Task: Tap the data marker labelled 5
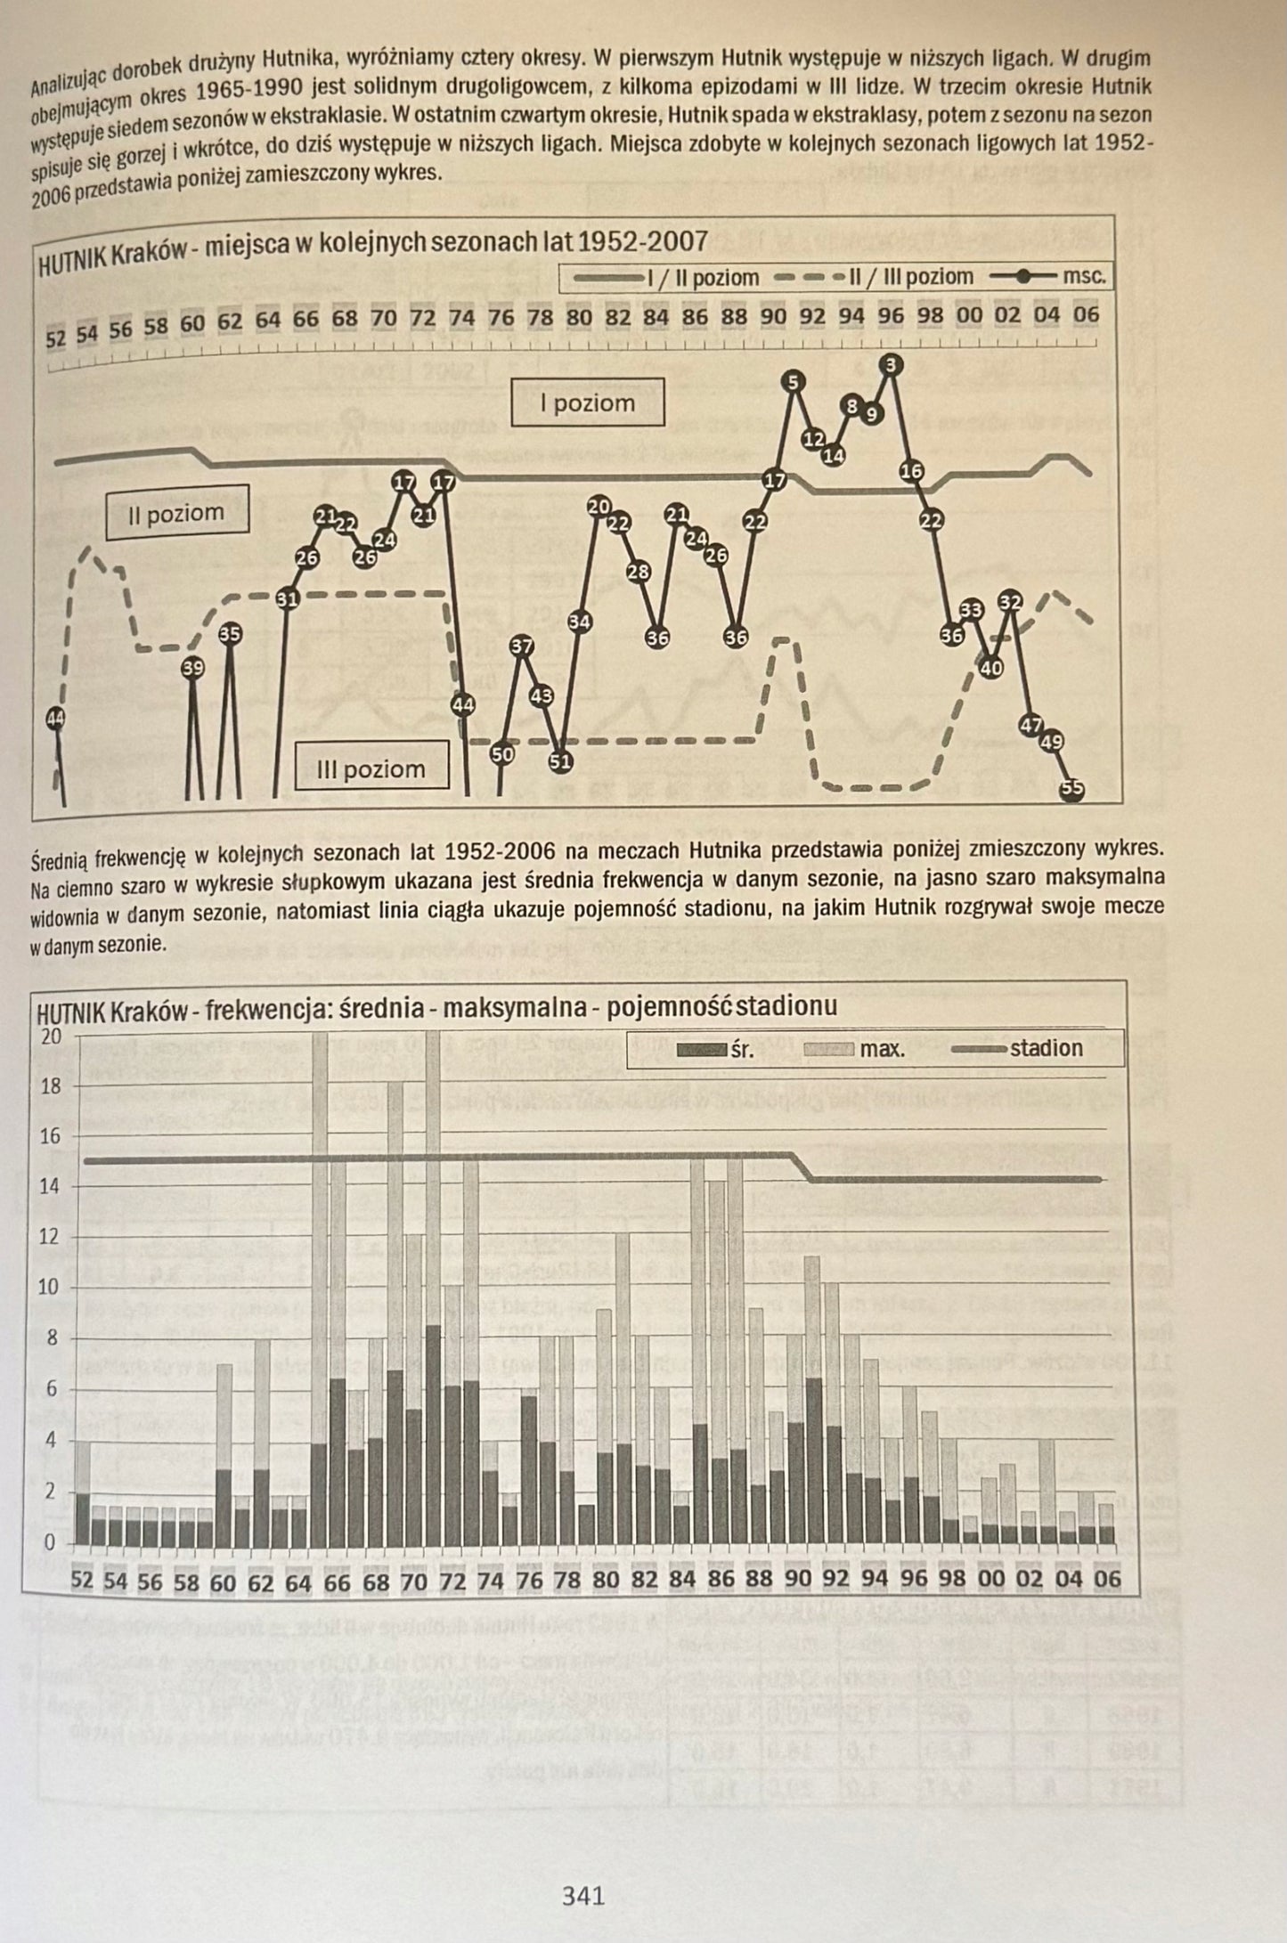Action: coord(794,382)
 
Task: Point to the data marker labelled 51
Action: coord(560,761)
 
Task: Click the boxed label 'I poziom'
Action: coord(587,403)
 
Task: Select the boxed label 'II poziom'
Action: coord(176,514)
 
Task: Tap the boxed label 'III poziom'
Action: coord(371,768)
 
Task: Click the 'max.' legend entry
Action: coord(854,1049)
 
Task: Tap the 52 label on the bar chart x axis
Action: coord(82,1581)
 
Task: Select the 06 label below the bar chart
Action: coord(1107,1579)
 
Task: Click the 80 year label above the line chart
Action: coord(579,317)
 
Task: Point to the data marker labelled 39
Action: coord(192,668)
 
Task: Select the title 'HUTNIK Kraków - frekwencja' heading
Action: coord(436,1008)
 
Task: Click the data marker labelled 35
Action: coord(230,634)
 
